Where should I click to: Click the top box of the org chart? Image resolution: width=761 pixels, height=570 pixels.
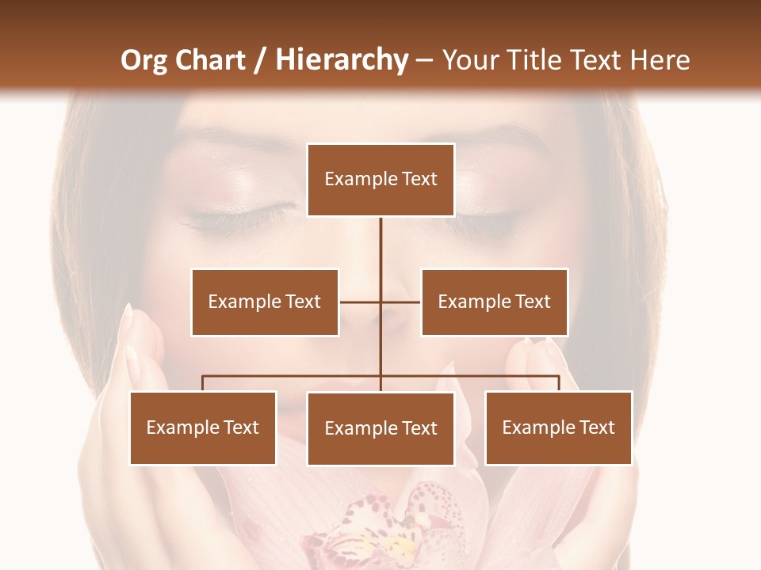tap(380, 180)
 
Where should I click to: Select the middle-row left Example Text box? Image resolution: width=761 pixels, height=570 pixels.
tap(265, 302)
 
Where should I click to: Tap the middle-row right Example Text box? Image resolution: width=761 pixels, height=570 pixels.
tap(494, 302)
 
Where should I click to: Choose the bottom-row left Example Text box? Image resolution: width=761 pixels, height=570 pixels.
tap(203, 427)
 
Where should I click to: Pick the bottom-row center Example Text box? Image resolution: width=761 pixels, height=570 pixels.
tap(380, 428)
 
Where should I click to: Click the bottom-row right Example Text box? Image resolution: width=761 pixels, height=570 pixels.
tap(558, 427)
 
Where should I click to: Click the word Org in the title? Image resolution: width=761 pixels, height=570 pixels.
tap(143, 60)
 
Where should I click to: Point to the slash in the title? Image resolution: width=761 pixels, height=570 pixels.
tap(260, 60)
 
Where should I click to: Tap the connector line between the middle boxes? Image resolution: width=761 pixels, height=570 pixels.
tap(380, 302)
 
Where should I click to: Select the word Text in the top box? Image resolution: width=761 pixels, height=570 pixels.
tap(419, 180)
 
